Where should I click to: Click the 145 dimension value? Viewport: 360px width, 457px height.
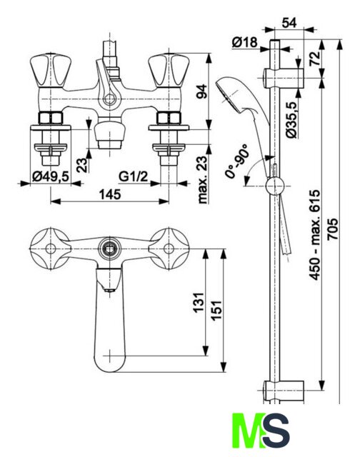point(110,194)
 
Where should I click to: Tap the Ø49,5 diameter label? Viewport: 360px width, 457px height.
point(51,176)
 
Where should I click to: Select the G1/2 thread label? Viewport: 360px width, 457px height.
point(134,176)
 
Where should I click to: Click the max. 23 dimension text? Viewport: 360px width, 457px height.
point(202,179)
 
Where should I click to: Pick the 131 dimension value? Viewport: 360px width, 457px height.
point(199,303)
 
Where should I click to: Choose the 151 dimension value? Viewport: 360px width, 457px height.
point(216,310)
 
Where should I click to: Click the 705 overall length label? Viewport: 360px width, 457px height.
point(333,228)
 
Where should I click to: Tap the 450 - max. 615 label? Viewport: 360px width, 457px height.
point(315,235)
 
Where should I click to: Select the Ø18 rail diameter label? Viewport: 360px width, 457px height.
point(245,43)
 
